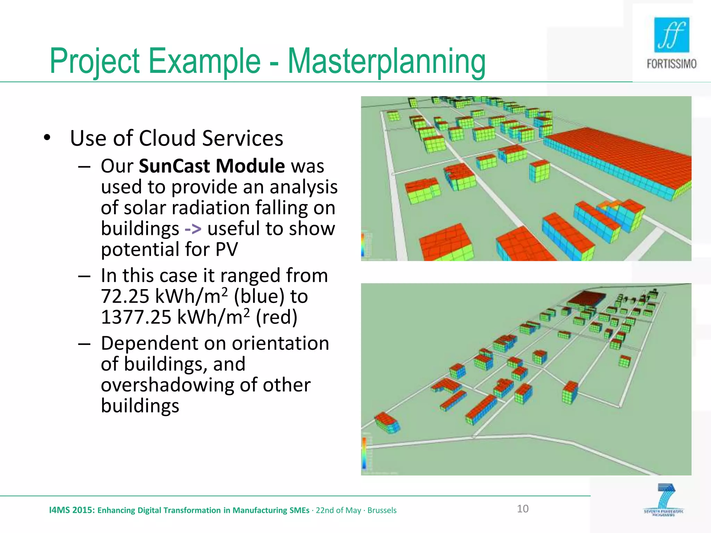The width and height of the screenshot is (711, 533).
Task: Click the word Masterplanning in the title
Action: pos(386,62)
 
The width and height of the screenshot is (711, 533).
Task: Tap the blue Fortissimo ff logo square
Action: pos(671,35)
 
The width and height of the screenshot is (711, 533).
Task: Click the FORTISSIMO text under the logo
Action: pos(671,64)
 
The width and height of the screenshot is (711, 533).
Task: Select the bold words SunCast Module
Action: pos(211,166)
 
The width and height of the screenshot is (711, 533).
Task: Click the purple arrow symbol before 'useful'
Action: pos(193,229)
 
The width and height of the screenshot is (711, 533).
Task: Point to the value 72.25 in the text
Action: pos(125,297)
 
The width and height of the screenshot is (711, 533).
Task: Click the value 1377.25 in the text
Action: pos(136,318)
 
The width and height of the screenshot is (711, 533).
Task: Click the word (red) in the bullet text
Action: pos(276,318)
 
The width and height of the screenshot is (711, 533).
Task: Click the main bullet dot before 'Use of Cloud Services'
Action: pos(47,138)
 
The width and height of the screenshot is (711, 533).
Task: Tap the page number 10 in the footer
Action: pos(522,509)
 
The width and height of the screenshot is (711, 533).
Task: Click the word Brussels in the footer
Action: pos(382,510)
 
